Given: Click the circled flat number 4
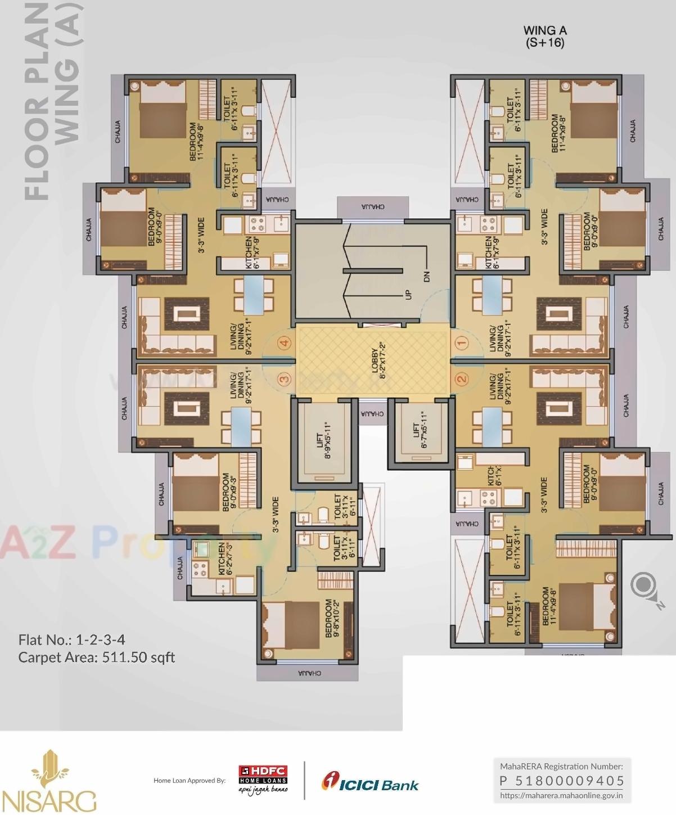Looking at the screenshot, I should (x=286, y=343).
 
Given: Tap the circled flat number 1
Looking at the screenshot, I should (x=462, y=341).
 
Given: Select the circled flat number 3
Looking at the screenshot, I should (x=285, y=380).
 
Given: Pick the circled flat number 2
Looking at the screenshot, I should (x=462, y=379).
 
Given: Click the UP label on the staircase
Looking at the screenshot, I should (x=409, y=294).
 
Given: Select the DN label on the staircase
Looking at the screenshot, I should (x=426, y=276).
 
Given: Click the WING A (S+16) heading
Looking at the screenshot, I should (x=544, y=36).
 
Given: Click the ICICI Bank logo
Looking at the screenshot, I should (x=370, y=783).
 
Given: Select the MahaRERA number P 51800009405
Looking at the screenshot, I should (x=562, y=781).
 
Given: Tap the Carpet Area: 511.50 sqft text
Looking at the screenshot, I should (x=97, y=657).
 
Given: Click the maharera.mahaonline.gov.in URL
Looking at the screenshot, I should (x=561, y=795).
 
